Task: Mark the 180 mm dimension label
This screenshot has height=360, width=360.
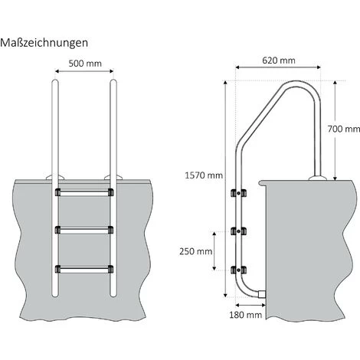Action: (x=245, y=314)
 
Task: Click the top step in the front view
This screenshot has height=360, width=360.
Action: (x=83, y=192)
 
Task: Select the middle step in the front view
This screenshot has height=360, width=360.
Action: (x=83, y=229)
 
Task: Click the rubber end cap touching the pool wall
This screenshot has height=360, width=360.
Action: (x=260, y=294)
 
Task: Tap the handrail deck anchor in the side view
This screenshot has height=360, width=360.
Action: (x=317, y=178)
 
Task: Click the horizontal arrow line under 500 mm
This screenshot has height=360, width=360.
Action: (x=83, y=73)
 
